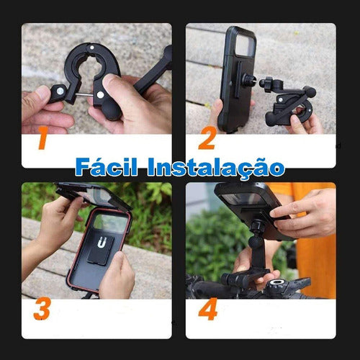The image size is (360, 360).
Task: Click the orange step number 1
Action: click(42, 140)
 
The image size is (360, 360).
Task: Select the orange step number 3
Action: click(42, 310)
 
